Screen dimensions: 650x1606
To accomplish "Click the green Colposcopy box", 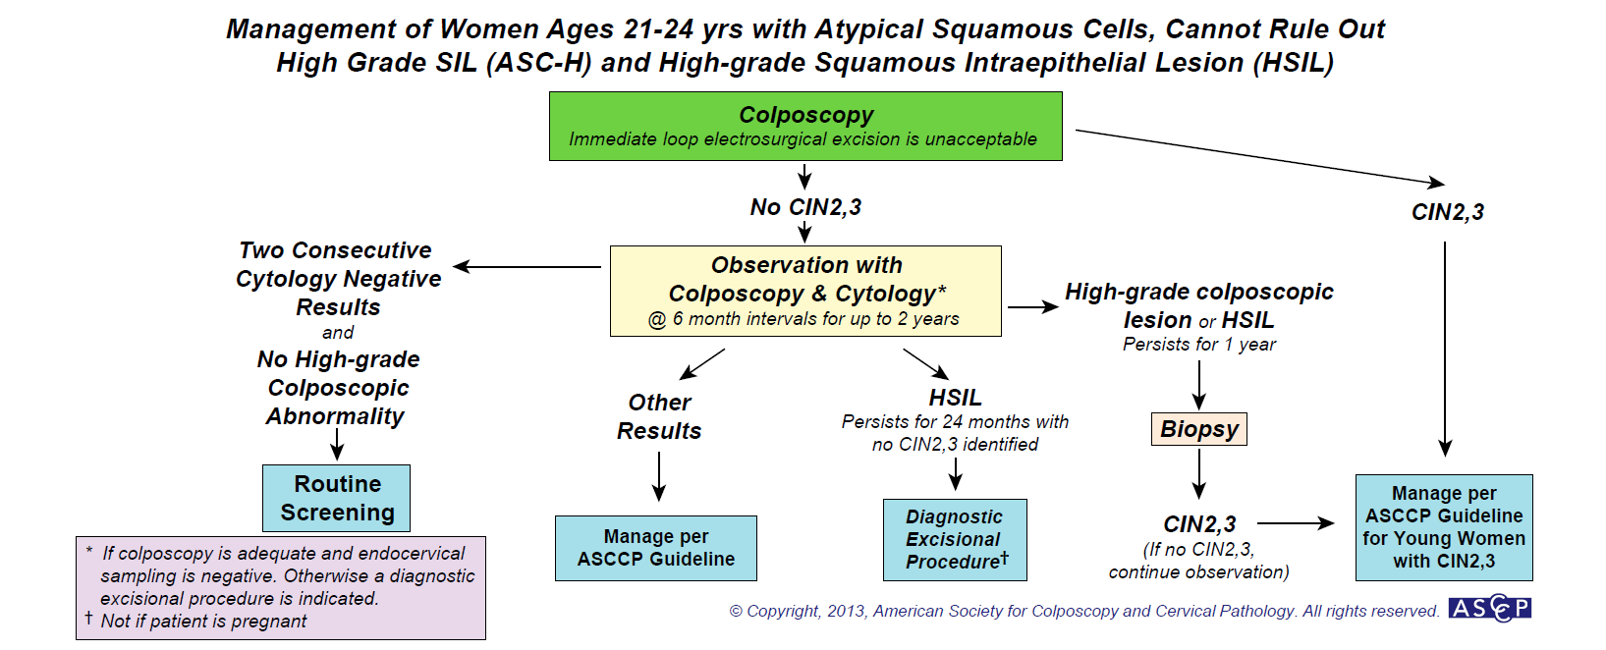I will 805,126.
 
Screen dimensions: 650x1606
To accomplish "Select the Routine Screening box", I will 337,498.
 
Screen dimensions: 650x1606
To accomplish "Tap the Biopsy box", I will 1198,429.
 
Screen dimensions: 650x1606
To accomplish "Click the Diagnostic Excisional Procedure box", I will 954,539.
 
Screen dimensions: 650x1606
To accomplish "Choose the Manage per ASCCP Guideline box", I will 655,548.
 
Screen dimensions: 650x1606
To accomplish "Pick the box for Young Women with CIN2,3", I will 1443,527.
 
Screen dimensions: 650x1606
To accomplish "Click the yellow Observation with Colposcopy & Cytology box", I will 805,291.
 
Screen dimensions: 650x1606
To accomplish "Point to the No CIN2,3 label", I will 805,207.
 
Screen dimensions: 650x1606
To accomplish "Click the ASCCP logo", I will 1489,609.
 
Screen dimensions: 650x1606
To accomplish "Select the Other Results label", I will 659,416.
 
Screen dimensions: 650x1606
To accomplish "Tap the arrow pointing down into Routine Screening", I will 337,448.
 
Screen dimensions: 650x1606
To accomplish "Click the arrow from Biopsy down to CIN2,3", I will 1198,477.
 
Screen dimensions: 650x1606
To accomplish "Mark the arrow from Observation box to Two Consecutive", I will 526,266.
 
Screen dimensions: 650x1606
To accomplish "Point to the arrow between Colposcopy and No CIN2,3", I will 804,177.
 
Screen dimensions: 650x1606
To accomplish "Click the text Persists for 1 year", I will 1199,345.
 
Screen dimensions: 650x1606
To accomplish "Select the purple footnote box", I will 281,587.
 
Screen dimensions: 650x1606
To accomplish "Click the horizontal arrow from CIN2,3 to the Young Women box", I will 1296,523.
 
